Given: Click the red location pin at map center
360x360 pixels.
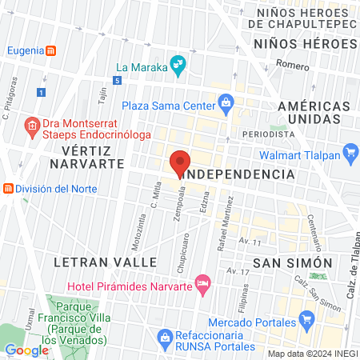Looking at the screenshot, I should tap(180, 163).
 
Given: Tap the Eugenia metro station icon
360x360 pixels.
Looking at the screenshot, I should tap(50, 50).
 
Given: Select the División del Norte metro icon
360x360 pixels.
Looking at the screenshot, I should tap(8, 189).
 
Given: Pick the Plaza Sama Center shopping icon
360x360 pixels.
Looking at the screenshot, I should tap(226, 103).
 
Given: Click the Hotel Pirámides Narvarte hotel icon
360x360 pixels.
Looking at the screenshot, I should tap(203, 282).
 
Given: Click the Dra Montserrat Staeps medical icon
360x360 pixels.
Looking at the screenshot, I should tap(32, 126).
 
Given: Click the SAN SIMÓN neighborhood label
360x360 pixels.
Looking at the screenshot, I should tap(292, 262).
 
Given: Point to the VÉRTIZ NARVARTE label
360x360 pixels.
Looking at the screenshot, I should tap(86, 156).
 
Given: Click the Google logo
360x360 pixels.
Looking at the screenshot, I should tap(26, 350).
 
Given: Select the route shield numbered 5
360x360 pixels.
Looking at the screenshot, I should tap(117, 81).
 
